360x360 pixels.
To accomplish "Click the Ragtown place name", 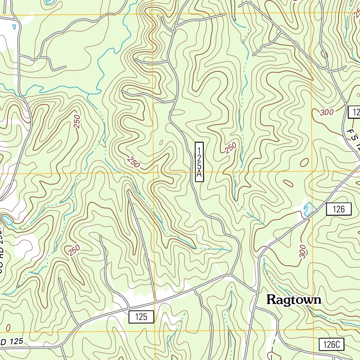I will [x=294, y=300].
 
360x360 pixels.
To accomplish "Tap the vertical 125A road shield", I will [x=199, y=162].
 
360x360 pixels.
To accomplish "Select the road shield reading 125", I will [x=141, y=317].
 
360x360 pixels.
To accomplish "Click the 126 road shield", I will [x=339, y=210].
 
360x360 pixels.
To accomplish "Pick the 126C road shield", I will [x=332, y=345].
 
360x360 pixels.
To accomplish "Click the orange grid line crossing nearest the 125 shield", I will [x=155, y=331].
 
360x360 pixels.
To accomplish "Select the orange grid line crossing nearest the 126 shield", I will [x=312, y=172].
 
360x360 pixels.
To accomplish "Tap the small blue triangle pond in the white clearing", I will [x=14, y=26].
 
